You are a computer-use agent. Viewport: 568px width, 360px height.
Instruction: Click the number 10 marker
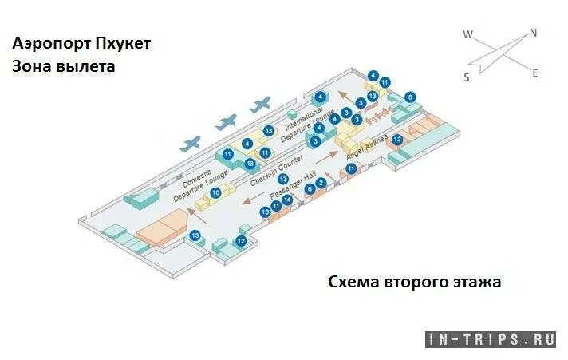tap(215, 192)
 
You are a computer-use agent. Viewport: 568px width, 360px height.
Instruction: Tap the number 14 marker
tap(287, 200)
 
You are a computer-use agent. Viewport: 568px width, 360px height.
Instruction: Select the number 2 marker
tap(321, 183)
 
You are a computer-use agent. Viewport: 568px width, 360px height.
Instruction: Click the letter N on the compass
tap(533, 34)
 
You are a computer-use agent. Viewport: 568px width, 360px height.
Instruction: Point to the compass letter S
tap(466, 77)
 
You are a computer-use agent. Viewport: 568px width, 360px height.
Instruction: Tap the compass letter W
tap(469, 34)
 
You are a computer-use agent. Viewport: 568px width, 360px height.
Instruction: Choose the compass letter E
tap(535, 73)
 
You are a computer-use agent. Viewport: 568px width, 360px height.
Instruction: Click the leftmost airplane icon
tap(191, 144)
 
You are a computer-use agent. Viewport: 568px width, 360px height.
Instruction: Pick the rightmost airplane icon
tap(260, 105)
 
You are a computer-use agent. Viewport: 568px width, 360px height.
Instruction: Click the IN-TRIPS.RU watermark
tap(491, 339)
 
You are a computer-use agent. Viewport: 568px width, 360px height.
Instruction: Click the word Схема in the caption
tap(356, 282)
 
